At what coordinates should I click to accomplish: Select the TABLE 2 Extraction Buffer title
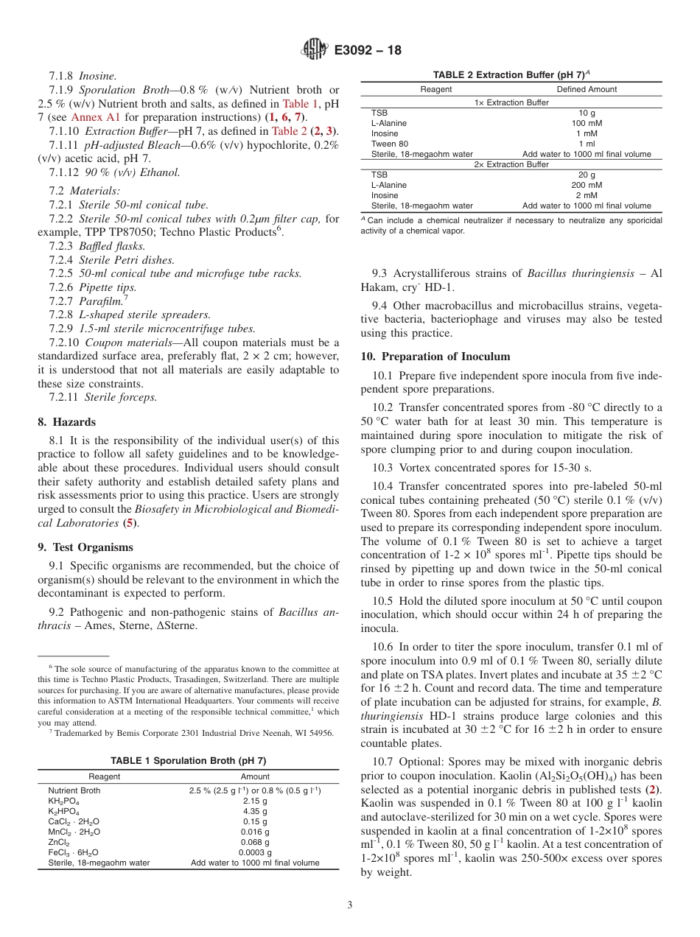coord(508,75)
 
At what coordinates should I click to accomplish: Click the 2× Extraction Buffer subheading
coord(511,165)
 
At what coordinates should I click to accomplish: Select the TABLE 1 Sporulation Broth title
coord(188,760)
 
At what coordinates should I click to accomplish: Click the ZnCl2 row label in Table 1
coord(59,842)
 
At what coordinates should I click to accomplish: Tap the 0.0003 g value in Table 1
coord(255,852)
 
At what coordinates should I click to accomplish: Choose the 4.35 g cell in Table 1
coord(255,811)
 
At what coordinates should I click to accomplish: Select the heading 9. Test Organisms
coord(85,547)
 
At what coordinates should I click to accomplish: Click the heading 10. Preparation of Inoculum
coord(435,357)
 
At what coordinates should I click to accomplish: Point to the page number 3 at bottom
coord(349,905)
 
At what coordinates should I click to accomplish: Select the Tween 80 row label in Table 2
coord(389,144)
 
